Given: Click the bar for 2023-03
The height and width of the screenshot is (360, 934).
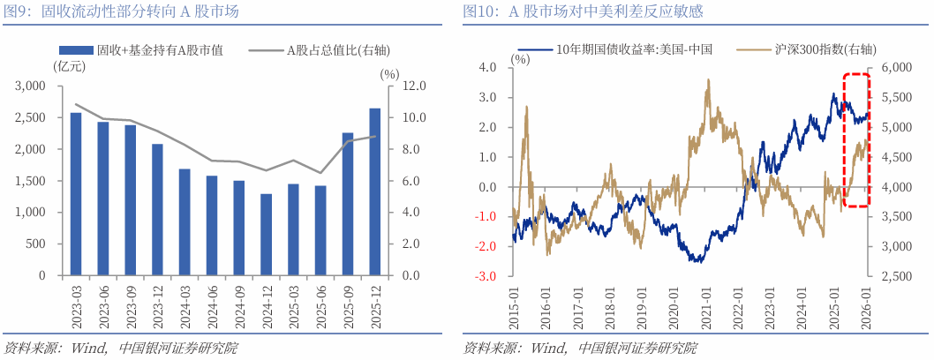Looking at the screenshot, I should pyautogui.click(x=76, y=194).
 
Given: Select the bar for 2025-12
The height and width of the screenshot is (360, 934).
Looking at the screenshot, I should pyautogui.click(x=374, y=191).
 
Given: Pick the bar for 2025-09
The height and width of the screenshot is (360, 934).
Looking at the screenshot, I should pyautogui.click(x=347, y=204).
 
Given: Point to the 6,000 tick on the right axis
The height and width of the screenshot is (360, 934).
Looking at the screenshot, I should pyautogui.click(x=896, y=68).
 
